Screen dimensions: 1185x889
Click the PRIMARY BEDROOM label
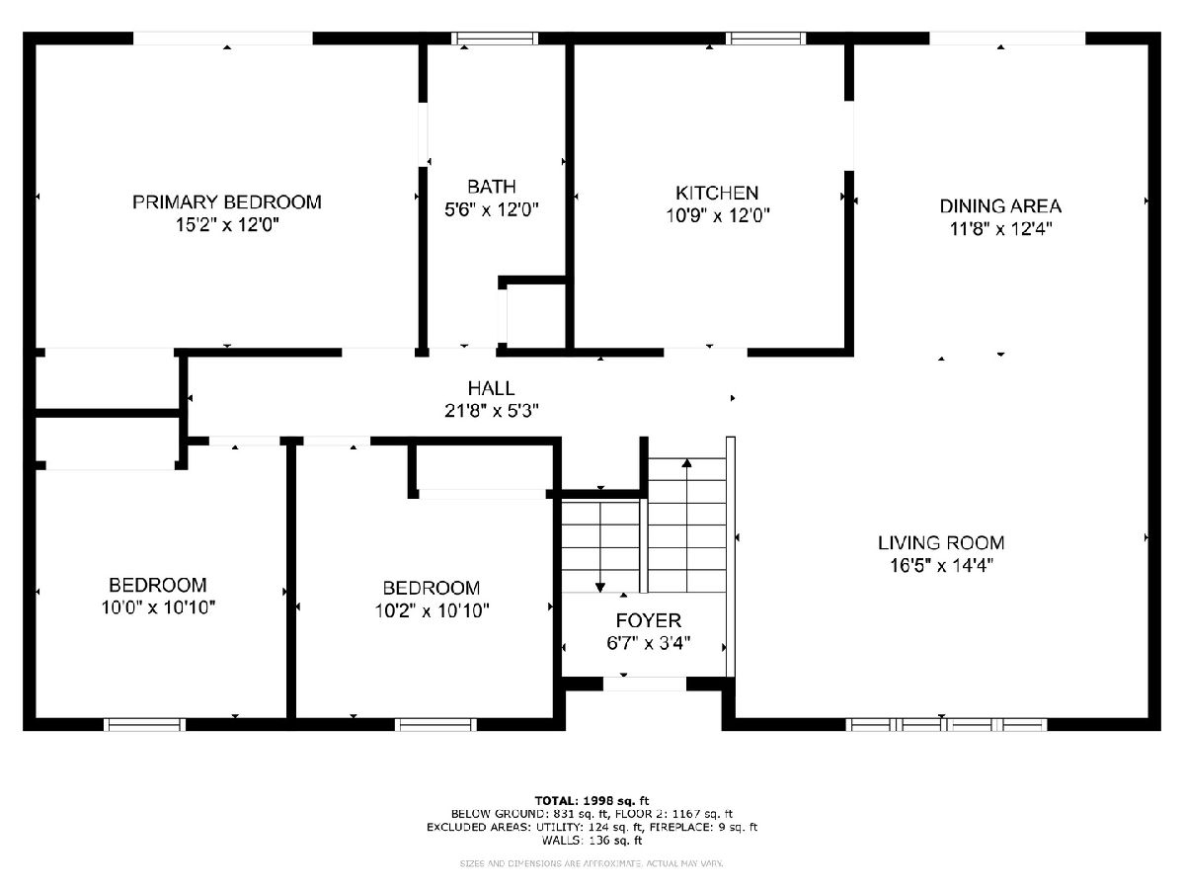(x=227, y=202)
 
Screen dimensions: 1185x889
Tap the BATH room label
(x=491, y=187)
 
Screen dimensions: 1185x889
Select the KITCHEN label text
(x=717, y=193)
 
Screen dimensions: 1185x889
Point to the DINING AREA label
(x=1000, y=206)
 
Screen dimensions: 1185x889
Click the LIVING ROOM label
(x=941, y=542)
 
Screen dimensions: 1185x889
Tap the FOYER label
(x=649, y=620)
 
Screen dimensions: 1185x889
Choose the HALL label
(x=491, y=388)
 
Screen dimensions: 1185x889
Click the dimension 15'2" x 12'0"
(x=227, y=224)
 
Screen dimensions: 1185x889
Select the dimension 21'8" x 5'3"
(x=491, y=411)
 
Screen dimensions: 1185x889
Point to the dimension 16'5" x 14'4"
(x=941, y=565)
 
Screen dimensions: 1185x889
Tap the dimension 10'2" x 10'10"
(x=432, y=610)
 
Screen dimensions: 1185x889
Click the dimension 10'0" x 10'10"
(x=158, y=607)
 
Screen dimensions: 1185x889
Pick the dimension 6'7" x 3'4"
(x=649, y=643)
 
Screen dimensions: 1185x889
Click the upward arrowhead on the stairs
(x=686, y=462)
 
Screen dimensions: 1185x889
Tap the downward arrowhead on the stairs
(x=599, y=588)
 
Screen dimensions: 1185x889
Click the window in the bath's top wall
(x=495, y=39)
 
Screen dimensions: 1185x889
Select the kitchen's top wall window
(x=765, y=39)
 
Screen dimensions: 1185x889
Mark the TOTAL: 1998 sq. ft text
(x=592, y=800)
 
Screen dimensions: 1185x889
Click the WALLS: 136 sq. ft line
(x=592, y=840)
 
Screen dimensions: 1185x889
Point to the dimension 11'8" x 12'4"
(x=1001, y=229)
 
